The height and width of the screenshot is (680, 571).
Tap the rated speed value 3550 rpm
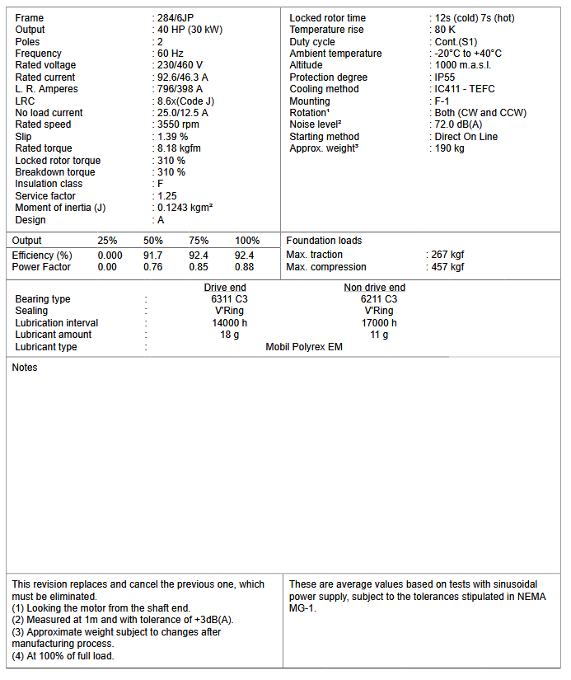pos(178,124)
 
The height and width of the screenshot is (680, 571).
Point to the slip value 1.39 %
pos(172,137)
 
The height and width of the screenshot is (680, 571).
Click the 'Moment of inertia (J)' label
pos(60,208)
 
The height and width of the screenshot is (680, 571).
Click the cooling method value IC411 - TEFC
pos(465,89)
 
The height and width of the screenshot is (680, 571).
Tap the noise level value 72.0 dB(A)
pos(458,124)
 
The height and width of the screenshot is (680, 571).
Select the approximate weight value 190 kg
pos(449,148)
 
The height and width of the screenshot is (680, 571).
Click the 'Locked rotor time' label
pos(327,18)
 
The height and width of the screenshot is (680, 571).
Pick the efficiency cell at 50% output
pos(152,256)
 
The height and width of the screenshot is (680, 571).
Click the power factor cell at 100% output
pos(244,267)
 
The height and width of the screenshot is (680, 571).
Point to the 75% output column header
pos(199,241)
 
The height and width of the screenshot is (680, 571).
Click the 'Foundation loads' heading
pos(324,241)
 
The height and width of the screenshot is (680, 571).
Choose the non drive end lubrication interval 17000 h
pos(379,323)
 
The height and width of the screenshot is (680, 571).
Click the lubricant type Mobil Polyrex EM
pos(304,347)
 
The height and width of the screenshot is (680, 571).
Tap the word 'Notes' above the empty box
pos(25,368)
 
